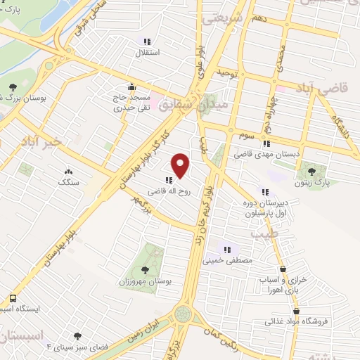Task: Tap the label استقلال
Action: (x=150, y=53)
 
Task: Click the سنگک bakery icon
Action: (x=68, y=171)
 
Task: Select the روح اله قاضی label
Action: (x=167, y=190)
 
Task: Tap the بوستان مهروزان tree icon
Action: (x=145, y=269)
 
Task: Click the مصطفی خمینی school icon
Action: (x=227, y=248)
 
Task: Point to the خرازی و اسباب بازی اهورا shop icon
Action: (x=283, y=269)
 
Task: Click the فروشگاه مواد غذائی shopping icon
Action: (x=296, y=311)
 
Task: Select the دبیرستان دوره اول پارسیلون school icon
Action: (x=264, y=191)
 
